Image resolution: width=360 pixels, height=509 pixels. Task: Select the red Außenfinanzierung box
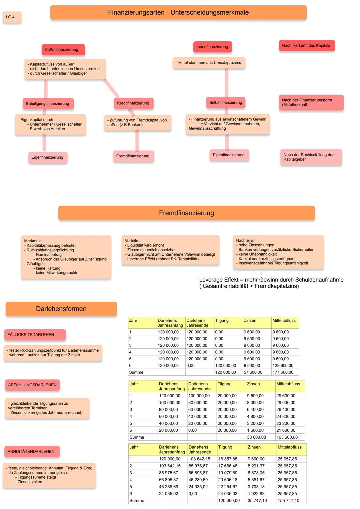point(63,50)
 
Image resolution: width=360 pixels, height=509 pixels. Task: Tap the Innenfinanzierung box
point(212,47)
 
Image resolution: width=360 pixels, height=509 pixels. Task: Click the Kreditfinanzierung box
point(133,103)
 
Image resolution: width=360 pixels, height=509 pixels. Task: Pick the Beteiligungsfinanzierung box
point(48,104)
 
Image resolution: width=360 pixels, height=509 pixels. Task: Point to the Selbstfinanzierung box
point(226,103)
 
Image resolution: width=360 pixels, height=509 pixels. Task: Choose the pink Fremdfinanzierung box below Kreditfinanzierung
point(133,156)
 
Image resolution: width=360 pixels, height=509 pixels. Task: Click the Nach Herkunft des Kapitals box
point(306,46)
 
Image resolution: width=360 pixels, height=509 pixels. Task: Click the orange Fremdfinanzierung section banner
point(186,213)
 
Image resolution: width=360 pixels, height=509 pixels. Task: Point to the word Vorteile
point(132,241)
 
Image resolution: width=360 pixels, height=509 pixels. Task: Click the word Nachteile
point(245,240)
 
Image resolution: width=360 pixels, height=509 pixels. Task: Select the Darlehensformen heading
point(61,309)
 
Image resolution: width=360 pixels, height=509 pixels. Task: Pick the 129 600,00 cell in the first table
point(283,366)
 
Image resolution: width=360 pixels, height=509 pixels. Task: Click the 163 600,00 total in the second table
point(287,437)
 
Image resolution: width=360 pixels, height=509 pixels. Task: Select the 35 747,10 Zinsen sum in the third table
point(257,501)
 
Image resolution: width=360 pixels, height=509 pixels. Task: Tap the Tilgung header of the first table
point(222,321)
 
